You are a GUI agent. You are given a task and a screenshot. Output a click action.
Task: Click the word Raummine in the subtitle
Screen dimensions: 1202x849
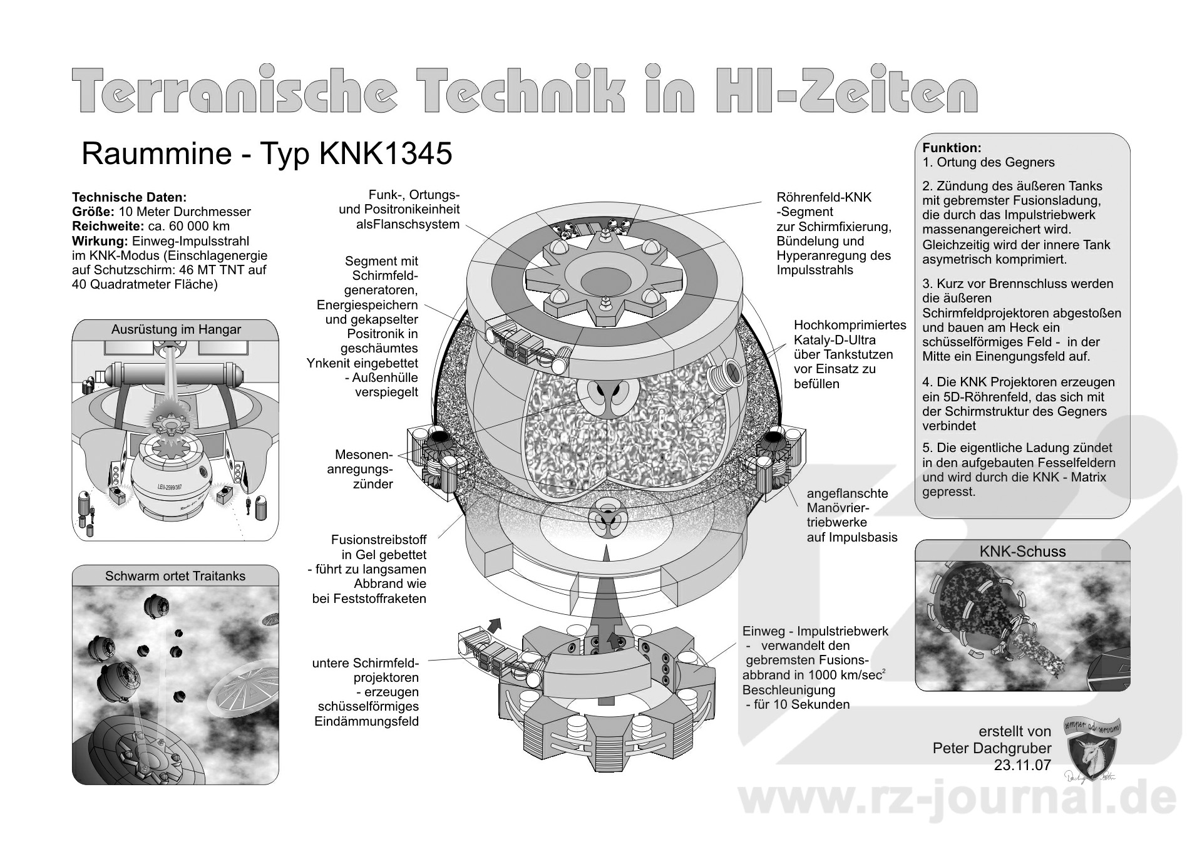click(157, 154)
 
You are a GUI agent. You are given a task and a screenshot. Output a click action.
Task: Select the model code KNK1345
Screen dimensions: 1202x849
click(386, 154)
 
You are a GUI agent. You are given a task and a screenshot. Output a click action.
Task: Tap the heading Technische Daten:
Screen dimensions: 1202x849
click(129, 197)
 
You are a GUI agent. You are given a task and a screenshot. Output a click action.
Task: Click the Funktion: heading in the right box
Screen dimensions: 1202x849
click(952, 148)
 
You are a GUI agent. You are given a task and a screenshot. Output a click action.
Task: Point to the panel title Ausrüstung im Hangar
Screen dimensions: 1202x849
click(176, 330)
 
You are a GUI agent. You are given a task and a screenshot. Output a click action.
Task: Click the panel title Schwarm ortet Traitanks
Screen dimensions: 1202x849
click(175, 576)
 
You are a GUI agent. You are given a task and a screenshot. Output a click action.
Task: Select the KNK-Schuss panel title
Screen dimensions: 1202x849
click(1022, 552)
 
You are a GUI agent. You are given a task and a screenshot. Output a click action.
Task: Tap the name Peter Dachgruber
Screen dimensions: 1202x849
click(992, 748)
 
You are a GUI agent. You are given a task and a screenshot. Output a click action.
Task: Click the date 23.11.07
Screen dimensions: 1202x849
click(1022, 764)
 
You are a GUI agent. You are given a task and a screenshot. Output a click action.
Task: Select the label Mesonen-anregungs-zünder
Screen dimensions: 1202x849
click(364, 469)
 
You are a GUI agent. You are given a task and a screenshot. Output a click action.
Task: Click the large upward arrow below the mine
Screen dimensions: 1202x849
click(606, 601)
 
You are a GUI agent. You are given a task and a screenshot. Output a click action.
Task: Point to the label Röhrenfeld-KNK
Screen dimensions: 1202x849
click(824, 197)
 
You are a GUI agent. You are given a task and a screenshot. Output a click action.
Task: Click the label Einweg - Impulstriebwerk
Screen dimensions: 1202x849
click(815, 631)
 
